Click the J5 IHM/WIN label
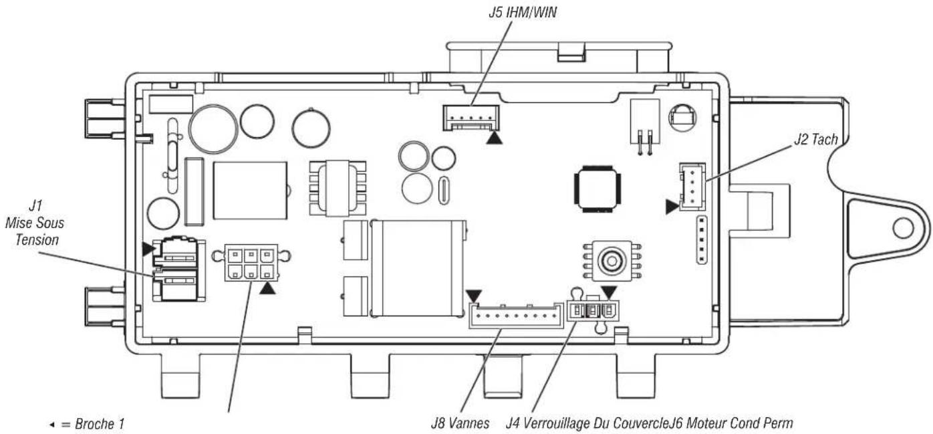[x=523, y=13]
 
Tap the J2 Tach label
[x=815, y=139]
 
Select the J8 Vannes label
[x=460, y=423]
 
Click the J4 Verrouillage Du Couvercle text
[x=587, y=423]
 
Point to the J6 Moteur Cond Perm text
[x=731, y=423]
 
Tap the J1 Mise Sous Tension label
[x=35, y=223]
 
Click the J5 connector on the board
[x=471, y=118]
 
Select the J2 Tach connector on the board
[x=692, y=187]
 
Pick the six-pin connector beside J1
[x=251, y=263]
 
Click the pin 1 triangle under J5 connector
[x=494, y=138]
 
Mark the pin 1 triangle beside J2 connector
[x=672, y=207]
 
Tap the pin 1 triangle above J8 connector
[x=474, y=296]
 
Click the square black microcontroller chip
[x=597, y=189]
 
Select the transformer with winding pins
[x=338, y=189]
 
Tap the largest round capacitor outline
[x=213, y=129]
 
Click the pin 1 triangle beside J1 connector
[x=148, y=249]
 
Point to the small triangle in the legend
[x=52, y=425]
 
